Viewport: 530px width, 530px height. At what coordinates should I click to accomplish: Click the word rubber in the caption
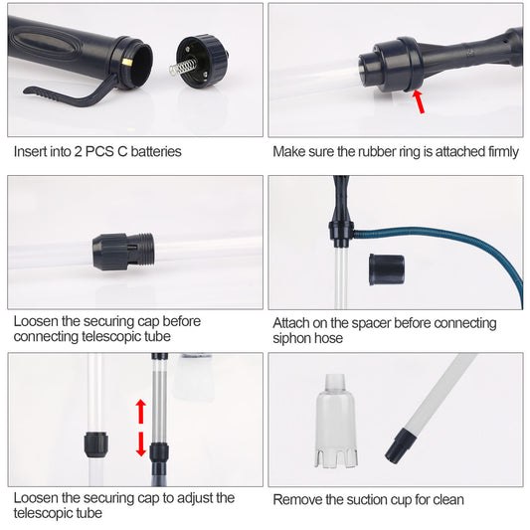[373, 152]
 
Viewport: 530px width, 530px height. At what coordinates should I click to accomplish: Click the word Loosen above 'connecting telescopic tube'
[37, 321]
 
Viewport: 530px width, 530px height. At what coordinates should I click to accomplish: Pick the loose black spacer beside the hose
[385, 268]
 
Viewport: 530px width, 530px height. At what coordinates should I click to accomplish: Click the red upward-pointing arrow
[141, 410]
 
